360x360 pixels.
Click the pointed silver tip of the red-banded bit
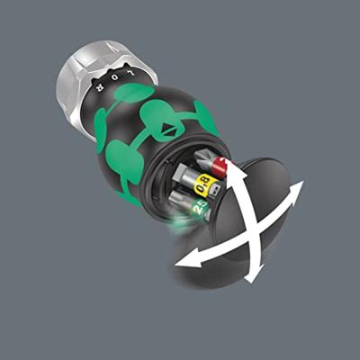click(228, 159)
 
